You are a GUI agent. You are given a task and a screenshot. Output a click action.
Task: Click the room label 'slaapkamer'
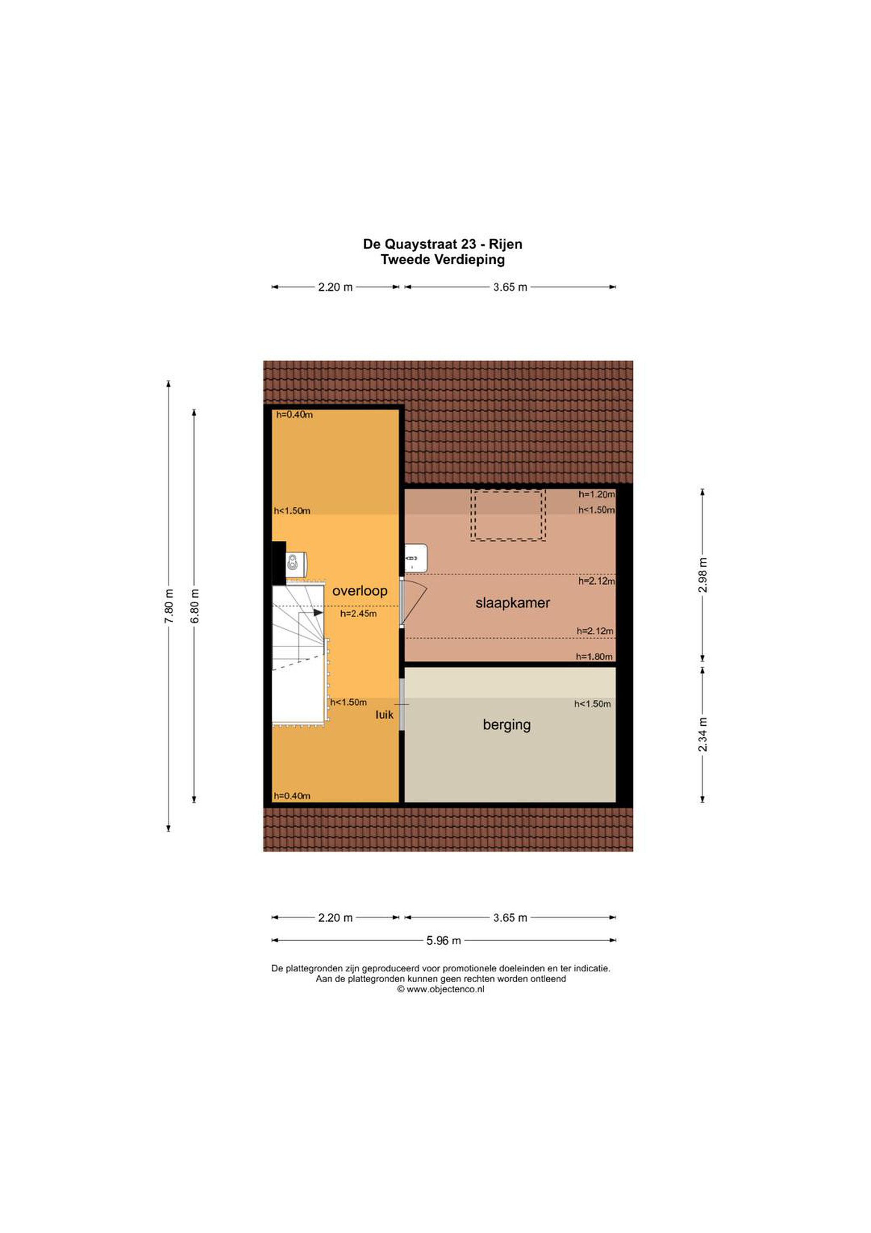tap(513, 603)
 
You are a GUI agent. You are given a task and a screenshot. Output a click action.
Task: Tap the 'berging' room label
tap(507, 725)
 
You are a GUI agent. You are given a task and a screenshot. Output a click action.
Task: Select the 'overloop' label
tap(359, 591)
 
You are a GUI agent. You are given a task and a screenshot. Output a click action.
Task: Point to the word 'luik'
tap(384, 715)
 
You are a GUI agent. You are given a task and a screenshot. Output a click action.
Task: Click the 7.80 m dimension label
tap(169, 606)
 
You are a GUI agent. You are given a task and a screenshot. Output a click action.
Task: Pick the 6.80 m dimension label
tap(195, 606)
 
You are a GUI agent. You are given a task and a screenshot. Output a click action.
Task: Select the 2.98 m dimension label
tap(702, 575)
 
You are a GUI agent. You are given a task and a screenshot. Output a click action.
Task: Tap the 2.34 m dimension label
tap(702, 734)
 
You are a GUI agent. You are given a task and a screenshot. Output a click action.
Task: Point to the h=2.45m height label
tap(358, 614)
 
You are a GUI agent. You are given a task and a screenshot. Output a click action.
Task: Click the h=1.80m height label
tap(595, 657)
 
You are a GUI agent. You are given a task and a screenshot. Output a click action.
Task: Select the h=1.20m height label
tap(597, 494)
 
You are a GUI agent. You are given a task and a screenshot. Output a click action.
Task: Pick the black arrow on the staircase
tap(318, 612)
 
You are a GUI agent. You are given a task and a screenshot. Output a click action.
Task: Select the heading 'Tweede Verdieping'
tap(443, 260)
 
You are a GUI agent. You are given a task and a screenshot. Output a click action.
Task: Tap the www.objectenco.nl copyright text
tap(441, 989)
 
